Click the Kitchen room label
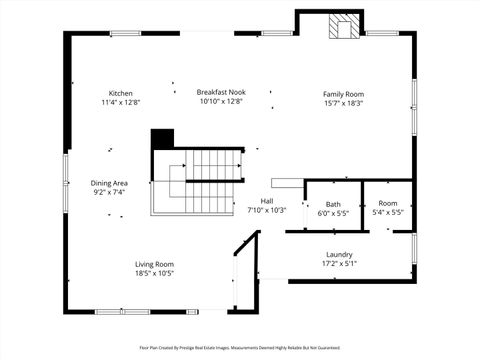click(x=120, y=93)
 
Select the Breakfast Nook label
click(x=221, y=92)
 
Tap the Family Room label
click(x=343, y=94)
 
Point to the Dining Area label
click(x=109, y=183)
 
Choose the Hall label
click(x=267, y=200)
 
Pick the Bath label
click(x=332, y=204)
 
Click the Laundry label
click(x=339, y=254)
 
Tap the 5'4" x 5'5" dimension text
click(x=387, y=213)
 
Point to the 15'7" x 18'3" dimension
click(x=343, y=103)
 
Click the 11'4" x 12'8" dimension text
click(x=120, y=102)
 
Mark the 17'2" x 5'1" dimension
click(x=339, y=263)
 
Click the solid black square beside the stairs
click(x=162, y=139)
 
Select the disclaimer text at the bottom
click(x=240, y=348)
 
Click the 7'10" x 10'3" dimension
click(x=267, y=210)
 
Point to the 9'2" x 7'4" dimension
click(x=109, y=192)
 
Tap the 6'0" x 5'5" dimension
click(x=332, y=213)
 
